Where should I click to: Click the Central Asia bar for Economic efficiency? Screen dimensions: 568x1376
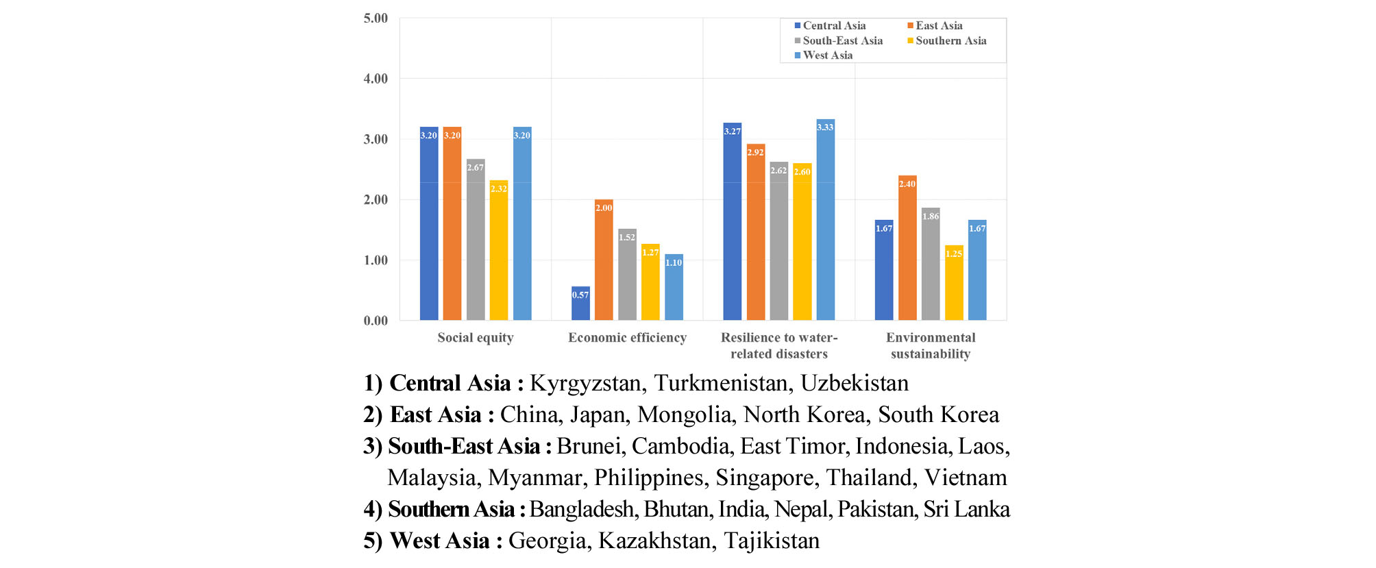[x=580, y=304]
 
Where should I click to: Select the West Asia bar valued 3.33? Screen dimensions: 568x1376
[x=825, y=219]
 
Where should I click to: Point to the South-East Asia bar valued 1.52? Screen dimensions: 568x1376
[x=627, y=274]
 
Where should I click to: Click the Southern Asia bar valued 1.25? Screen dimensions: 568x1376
[x=954, y=282]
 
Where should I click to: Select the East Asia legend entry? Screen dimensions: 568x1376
[x=939, y=26]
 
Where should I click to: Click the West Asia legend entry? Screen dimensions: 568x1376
[x=827, y=55]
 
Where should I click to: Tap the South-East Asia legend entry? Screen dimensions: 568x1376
[x=842, y=41]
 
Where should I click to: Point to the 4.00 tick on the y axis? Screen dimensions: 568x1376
[x=376, y=79]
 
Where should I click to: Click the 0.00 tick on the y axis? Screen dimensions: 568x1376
[x=376, y=321]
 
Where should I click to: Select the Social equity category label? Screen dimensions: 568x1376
[x=475, y=338]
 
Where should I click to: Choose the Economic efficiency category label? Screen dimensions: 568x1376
[x=627, y=338]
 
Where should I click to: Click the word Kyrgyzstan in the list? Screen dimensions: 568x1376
[x=587, y=383]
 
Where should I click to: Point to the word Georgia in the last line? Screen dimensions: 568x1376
[x=547, y=541]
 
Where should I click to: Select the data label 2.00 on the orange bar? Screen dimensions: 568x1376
[x=604, y=208]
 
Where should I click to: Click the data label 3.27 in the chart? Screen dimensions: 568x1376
[x=732, y=132]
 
